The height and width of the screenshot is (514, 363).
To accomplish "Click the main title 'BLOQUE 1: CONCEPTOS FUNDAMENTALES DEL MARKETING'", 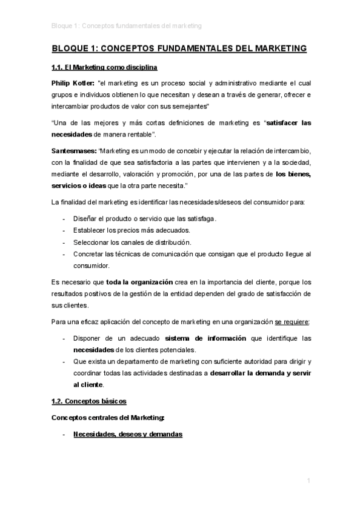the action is pos(179,48).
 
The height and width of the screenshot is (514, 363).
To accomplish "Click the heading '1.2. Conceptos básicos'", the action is pos(90,401).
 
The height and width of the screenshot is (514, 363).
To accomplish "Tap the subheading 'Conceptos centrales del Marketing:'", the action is pos(108,418).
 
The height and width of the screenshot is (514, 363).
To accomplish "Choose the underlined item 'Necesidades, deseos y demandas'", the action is pos(127,435).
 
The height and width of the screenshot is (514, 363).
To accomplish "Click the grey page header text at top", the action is pos(127,26).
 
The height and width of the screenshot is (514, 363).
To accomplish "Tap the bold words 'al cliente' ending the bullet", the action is pos(88,384).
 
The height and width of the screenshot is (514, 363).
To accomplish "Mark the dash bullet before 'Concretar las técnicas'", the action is pos(65,254).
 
